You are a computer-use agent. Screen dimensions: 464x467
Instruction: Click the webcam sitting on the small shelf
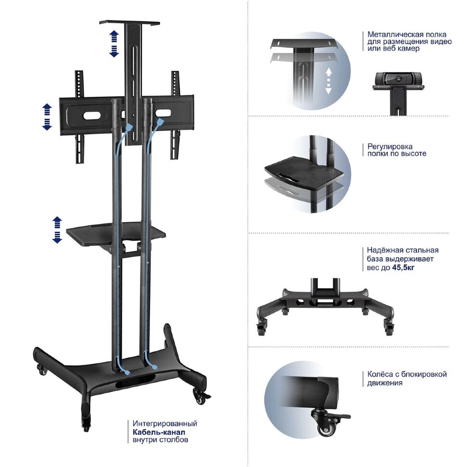tap(398, 78)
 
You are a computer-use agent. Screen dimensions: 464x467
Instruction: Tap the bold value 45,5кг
tap(403, 268)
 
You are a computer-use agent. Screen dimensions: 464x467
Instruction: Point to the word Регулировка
tap(390, 146)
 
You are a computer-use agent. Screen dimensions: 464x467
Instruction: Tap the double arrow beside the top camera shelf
tap(114, 43)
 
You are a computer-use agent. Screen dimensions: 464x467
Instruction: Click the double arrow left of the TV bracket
tap(47, 117)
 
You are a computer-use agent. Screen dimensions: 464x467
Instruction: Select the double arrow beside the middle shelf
tap(57, 230)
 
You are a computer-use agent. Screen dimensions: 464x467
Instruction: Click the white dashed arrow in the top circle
tap(328, 81)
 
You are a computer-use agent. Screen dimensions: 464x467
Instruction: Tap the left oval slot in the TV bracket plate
tap(92, 115)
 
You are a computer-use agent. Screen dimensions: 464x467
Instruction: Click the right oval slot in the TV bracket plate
tap(163, 113)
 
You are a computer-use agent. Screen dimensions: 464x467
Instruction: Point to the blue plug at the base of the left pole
tap(126, 372)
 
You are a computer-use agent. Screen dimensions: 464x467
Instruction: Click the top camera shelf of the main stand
tap(130, 23)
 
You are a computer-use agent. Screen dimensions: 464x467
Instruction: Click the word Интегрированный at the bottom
tap(165, 423)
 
